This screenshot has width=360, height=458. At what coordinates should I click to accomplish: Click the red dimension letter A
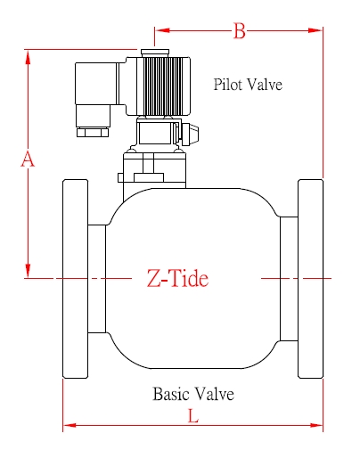click(x=28, y=159)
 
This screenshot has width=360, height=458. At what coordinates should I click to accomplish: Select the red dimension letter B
click(x=239, y=31)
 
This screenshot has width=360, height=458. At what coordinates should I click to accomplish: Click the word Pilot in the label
click(x=229, y=86)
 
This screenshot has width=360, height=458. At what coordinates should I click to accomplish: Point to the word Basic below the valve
click(x=171, y=393)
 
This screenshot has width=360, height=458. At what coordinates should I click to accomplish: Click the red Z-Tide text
click(x=177, y=279)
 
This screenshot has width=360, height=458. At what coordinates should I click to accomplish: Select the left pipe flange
click(x=75, y=278)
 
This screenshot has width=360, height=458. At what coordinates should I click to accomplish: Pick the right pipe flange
click(x=310, y=278)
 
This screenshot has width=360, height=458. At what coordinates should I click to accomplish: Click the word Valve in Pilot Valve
click(x=266, y=86)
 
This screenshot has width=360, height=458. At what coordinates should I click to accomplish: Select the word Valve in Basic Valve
click(x=215, y=393)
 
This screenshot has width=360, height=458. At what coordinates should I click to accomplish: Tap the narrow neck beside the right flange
click(x=289, y=278)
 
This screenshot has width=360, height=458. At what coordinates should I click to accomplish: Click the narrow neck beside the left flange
click(x=96, y=278)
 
